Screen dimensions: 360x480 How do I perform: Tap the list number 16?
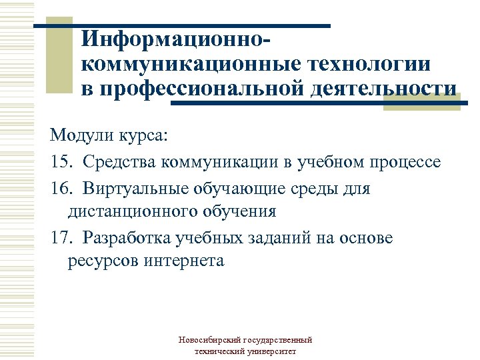coord(61,189)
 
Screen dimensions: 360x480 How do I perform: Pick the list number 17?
coord(61,238)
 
